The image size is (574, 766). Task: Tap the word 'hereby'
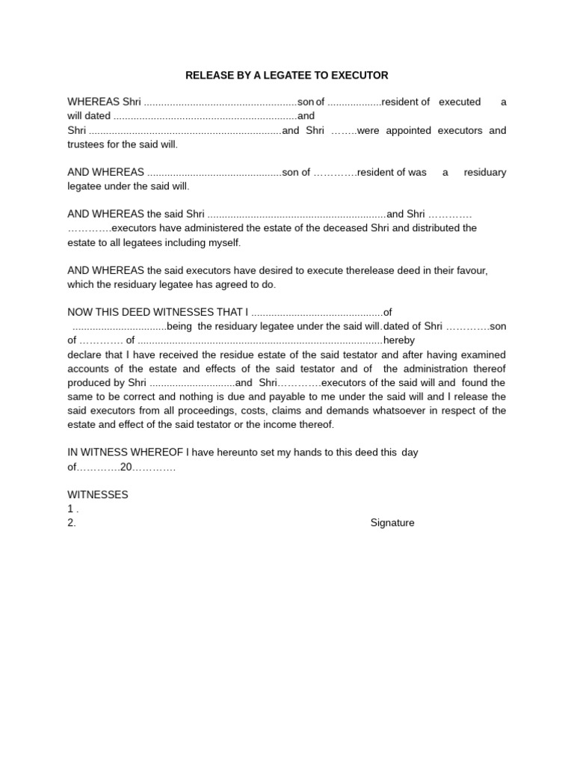point(398,340)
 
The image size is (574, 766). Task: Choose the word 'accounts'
point(89,369)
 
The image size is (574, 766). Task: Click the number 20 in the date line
point(126,467)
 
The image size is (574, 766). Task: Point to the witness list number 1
point(71,509)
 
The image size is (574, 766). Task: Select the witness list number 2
point(71,523)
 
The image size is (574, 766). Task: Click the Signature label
point(392,523)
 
